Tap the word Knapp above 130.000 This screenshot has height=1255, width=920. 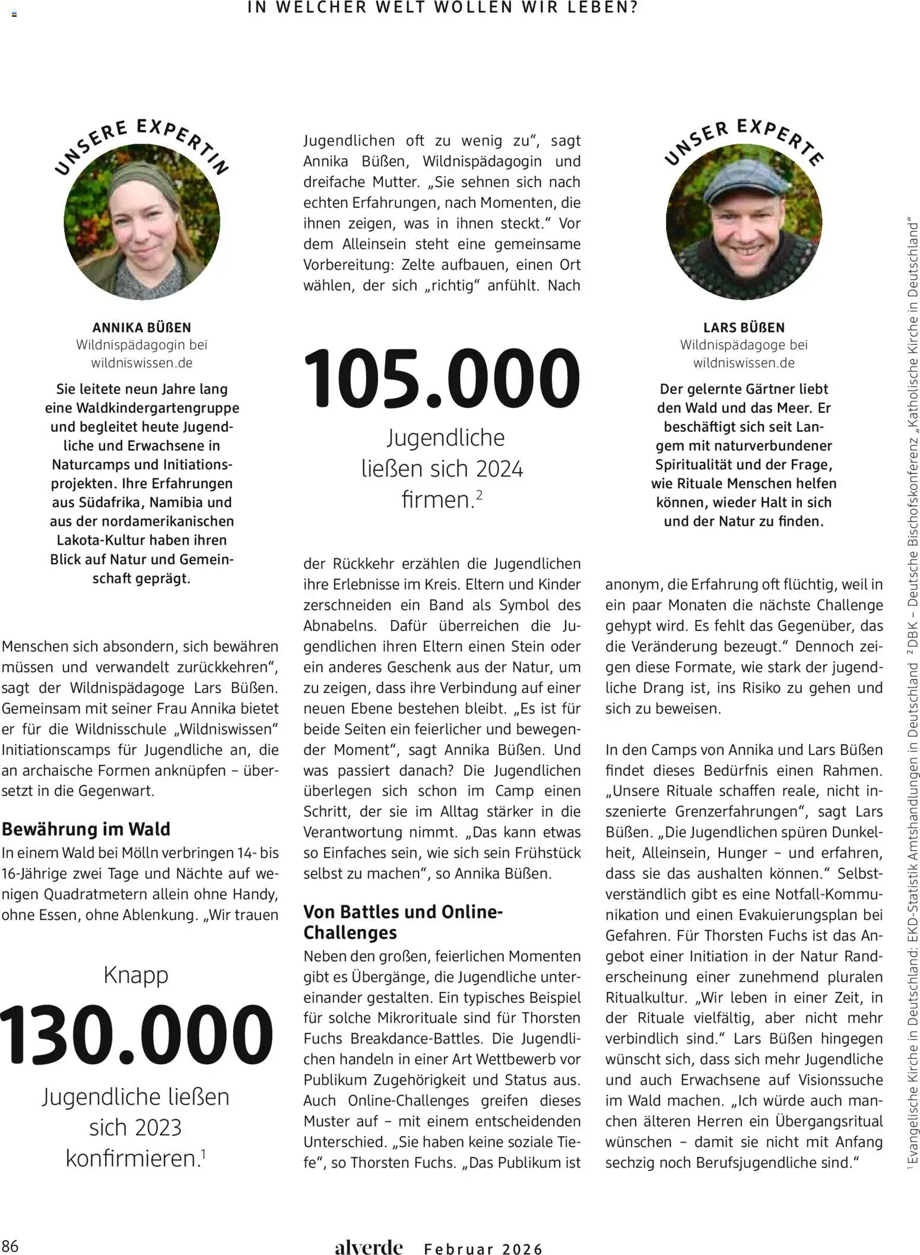(x=136, y=975)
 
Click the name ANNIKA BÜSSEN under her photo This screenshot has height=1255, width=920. (x=142, y=327)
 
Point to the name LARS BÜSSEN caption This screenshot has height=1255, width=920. (x=744, y=327)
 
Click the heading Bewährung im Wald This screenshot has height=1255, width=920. (x=86, y=829)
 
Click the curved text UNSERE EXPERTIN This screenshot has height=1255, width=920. (x=142, y=143)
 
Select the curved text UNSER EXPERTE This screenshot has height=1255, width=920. (x=744, y=140)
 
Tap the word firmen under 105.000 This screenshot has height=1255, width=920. (x=437, y=500)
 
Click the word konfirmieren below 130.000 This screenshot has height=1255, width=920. (x=132, y=1159)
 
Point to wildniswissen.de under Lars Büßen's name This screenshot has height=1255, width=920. (x=744, y=362)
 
